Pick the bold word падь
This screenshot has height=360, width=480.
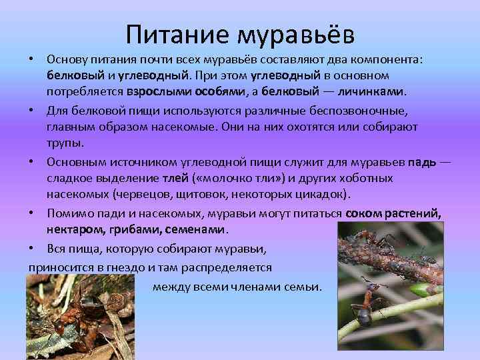pos(423,162)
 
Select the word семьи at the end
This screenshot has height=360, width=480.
pos(303,287)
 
